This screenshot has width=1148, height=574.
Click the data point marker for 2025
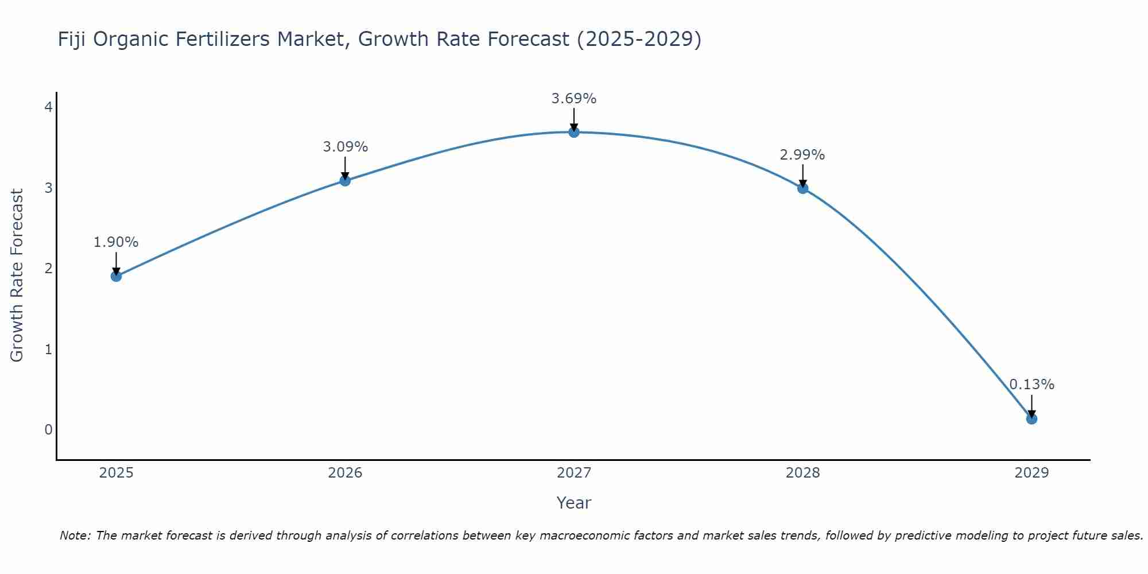116,276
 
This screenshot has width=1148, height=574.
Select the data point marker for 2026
345,180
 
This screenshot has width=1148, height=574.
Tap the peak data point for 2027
574,132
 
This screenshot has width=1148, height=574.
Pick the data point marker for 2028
802,188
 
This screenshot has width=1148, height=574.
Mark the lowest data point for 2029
1031,419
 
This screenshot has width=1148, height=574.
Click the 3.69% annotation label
574,99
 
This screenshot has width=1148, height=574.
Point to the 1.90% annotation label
116,242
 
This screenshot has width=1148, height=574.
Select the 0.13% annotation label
1031,385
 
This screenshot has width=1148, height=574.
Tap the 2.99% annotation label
802,155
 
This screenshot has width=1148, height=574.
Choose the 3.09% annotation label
345,147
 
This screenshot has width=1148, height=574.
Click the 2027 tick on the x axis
574,473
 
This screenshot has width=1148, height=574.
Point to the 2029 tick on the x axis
1031,473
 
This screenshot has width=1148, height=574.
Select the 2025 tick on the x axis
116,473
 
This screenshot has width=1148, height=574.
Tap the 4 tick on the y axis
49,107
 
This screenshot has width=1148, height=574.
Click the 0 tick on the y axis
49,429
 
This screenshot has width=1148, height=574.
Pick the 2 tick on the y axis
49,268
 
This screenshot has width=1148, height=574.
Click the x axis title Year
574,503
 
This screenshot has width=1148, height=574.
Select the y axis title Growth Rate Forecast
17,276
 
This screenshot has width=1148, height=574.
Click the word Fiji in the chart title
72,40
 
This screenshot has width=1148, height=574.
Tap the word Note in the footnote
75,536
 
